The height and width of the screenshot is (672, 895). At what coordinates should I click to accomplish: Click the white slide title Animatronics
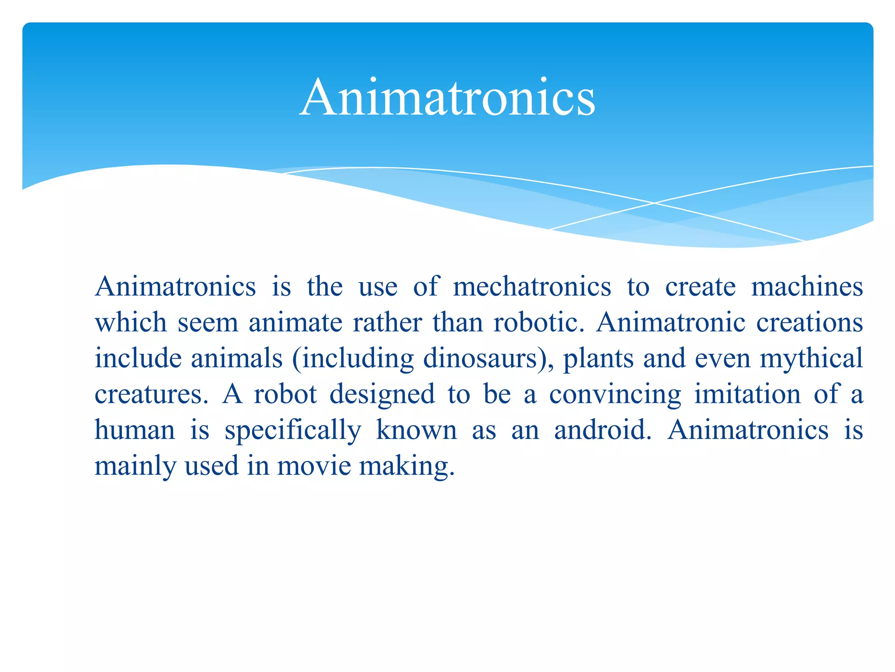click(x=447, y=97)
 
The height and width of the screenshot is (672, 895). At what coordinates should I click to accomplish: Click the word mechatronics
click(x=532, y=287)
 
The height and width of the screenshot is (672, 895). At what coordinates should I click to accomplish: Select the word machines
click(x=807, y=287)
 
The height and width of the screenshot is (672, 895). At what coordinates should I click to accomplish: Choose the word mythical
click(x=811, y=359)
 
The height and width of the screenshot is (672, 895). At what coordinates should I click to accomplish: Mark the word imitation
click(x=747, y=394)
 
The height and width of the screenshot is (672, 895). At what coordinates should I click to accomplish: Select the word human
click(x=135, y=430)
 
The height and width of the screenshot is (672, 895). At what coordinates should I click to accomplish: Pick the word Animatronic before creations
click(x=671, y=323)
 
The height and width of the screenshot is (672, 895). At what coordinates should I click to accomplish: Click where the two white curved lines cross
click(x=654, y=203)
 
